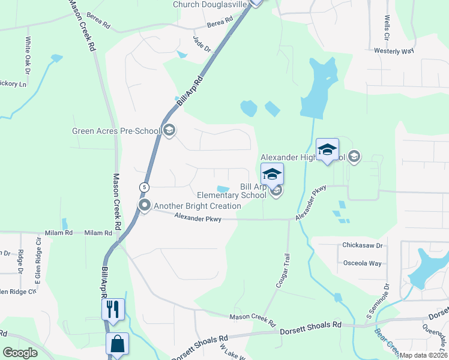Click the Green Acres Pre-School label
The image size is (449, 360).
pyautogui.click(x=116, y=131)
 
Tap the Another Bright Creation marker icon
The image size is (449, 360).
pyautogui.click(x=145, y=206)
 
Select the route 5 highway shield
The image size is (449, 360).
pyautogui.click(x=144, y=187)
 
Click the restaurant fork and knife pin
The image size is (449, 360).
pyautogui.click(x=113, y=310)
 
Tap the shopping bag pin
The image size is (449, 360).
pyautogui.click(x=117, y=344)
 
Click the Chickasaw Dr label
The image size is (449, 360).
pyautogui.click(x=362, y=245)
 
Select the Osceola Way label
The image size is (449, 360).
pyautogui.click(x=362, y=263)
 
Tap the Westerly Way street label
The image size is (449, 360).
pyautogui.click(x=394, y=52)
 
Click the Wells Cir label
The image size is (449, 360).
pyautogui.click(x=387, y=28)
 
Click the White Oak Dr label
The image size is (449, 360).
pyautogui.click(x=28, y=53)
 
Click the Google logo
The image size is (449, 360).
pyautogui.click(x=20, y=353)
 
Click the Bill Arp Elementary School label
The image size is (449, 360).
pyautogui.click(x=232, y=191)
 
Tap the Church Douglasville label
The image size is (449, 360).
pyautogui.click(x=210, y=4)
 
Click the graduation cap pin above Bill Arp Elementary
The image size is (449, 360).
pyautogui.click(x=272, y=175)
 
